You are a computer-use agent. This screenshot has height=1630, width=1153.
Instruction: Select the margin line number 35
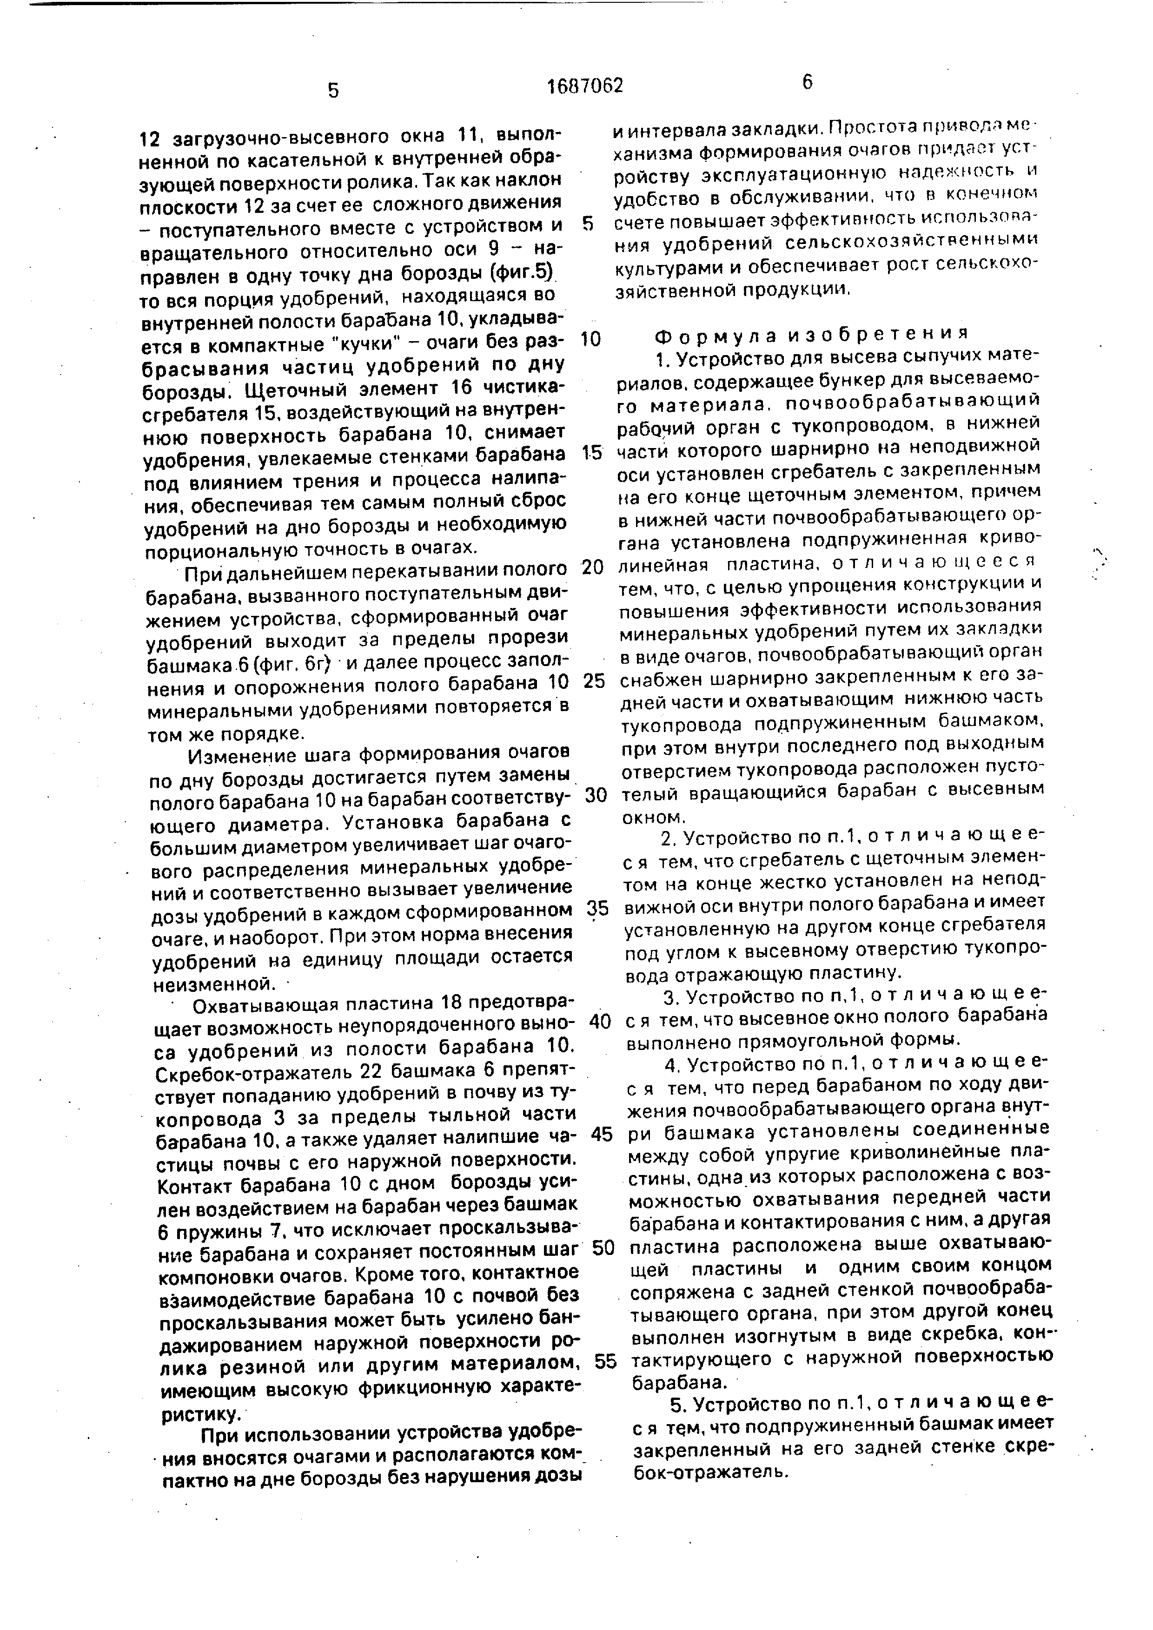[598, 908]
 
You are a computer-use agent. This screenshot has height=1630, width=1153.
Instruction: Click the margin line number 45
[601, 1135]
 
